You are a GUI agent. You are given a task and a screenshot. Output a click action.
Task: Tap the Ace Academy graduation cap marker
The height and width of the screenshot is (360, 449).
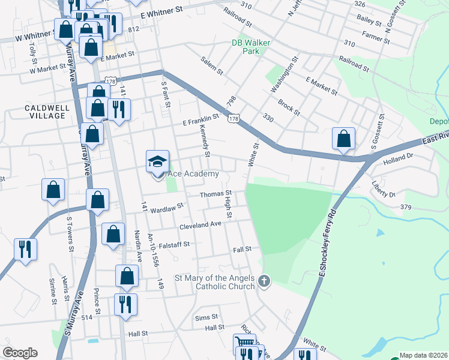[157, 163]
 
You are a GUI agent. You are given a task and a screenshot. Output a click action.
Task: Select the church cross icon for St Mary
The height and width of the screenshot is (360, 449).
[264, 281]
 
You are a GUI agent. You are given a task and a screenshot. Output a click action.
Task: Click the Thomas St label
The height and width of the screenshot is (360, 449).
[215, 194]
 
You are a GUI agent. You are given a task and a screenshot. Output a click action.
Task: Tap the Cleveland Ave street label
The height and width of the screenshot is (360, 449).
[200, 224]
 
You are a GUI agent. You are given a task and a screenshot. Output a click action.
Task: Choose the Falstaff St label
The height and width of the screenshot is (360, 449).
[173, 244]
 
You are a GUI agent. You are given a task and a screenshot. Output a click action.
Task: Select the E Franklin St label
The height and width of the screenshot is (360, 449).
[200, 122]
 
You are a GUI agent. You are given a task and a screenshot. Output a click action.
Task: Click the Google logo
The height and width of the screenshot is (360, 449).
[20, 353]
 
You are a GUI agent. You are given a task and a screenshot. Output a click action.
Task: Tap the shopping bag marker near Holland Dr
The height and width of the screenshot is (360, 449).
[343, 139]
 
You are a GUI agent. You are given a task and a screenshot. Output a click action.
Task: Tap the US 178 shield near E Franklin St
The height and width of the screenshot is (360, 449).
[232, 118]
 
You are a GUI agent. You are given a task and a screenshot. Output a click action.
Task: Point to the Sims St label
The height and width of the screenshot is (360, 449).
[205, 317]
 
